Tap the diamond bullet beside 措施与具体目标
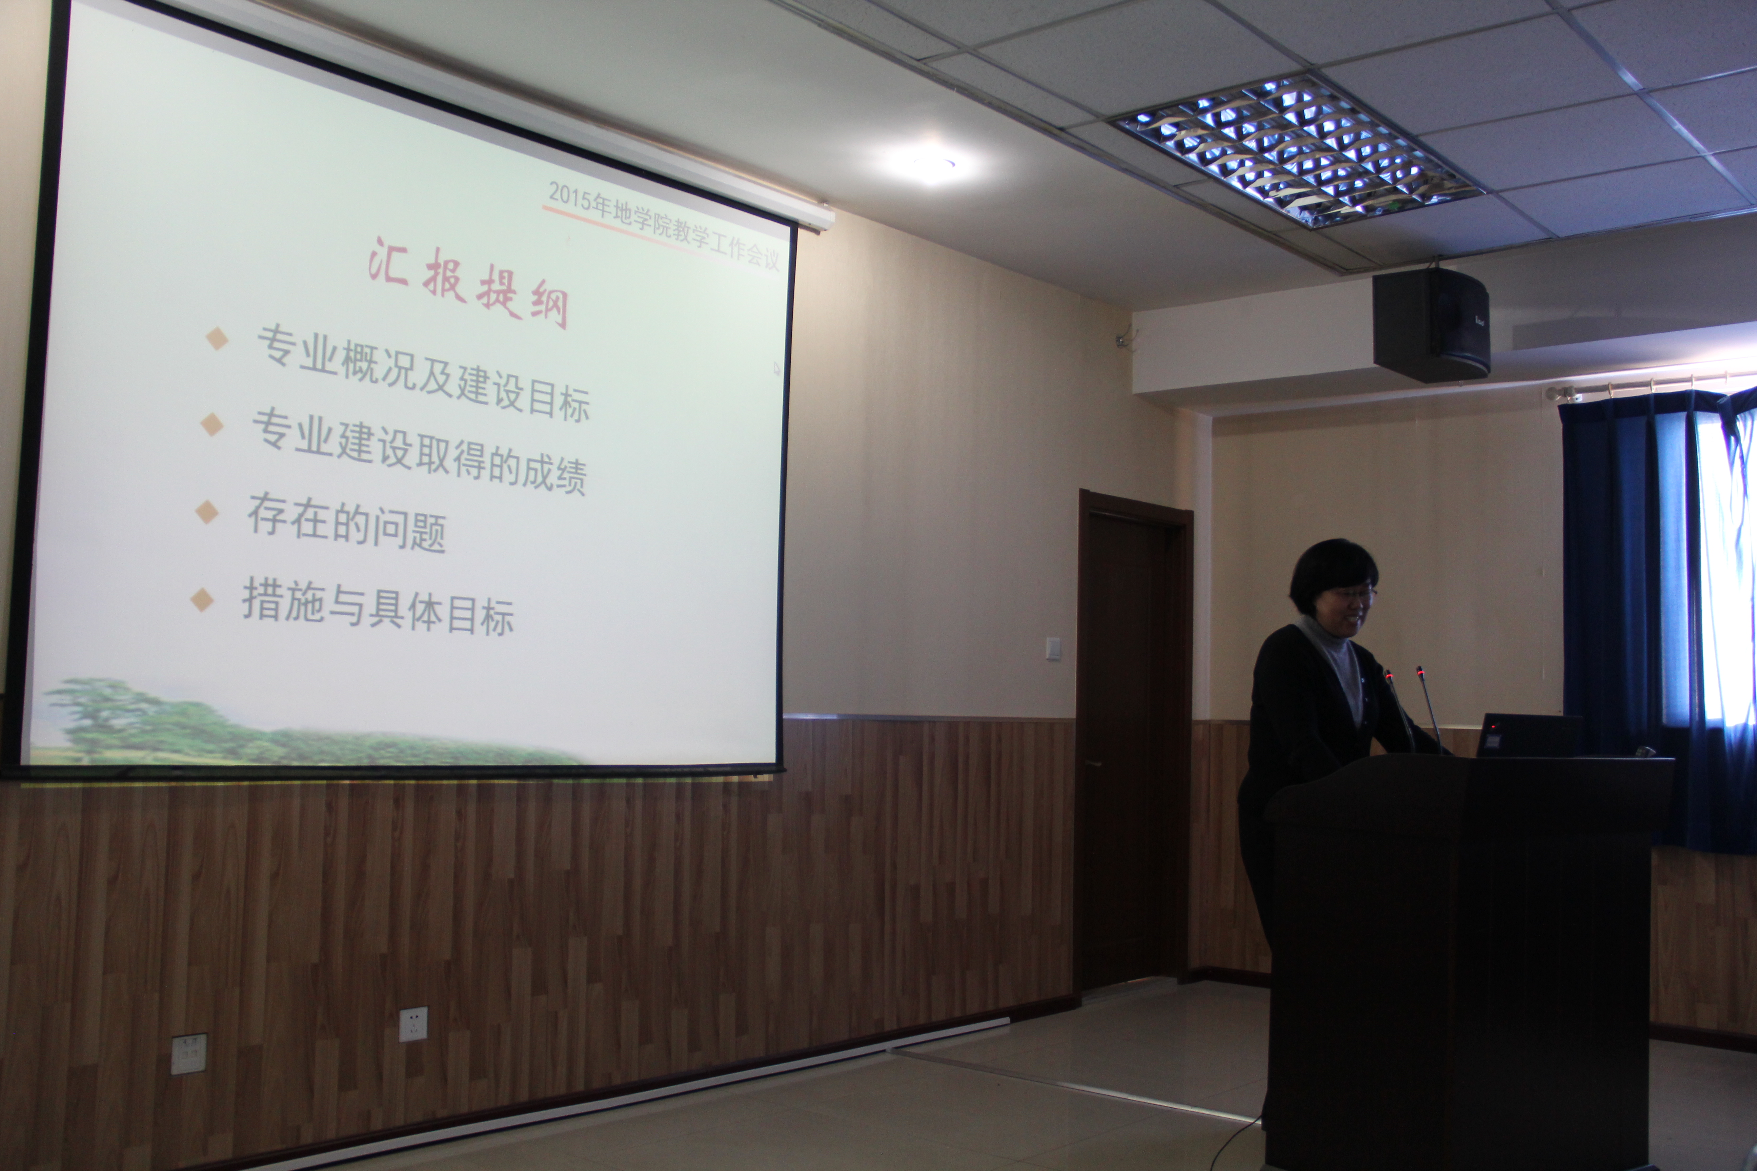tap(202, 600)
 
